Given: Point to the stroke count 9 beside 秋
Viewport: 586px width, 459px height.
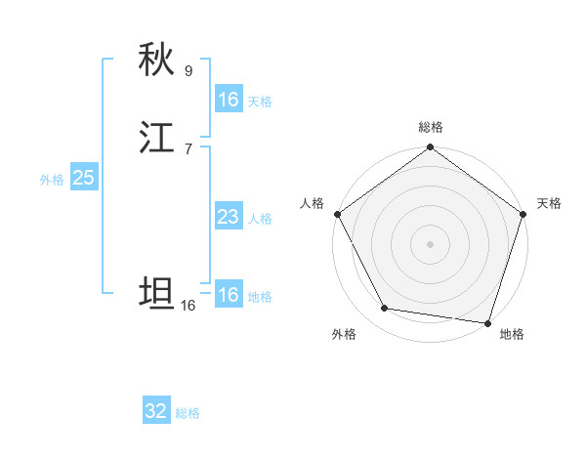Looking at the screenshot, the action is click(x=188, y=71).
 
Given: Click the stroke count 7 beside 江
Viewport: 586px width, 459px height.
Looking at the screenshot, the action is click(x=188, y=148).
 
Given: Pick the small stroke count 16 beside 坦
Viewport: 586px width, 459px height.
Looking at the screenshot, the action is click(x=188, y=306).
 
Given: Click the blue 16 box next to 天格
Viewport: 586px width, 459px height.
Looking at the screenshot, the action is click(x=228, y=100).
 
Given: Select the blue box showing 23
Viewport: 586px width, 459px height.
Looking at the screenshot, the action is click(x=228, y=217).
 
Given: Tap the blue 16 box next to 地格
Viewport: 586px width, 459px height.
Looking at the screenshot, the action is click(x=228, y=295).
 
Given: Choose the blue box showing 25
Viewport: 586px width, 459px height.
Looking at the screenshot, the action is click(x=84, y=178).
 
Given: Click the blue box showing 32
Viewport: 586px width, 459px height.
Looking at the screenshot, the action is click(x=156, y=411).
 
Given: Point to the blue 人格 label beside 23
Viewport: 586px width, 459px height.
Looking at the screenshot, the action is click(x=260, y=219).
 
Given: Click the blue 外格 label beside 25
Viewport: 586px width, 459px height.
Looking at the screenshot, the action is click(x=52, y=180).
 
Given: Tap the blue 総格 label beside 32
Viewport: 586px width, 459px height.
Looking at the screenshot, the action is click(x=188, y=413).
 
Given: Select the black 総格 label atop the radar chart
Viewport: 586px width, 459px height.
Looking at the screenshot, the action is click(x=431, y=127).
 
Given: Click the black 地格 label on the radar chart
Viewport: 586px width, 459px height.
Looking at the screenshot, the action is click(x=512, y=334).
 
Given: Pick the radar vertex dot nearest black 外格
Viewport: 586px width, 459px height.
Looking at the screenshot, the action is click(x=385, y=309).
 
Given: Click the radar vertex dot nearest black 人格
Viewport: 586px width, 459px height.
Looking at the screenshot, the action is click(x=337, y=214).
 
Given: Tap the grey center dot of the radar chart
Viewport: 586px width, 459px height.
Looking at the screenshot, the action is click(x=430, y=243).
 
